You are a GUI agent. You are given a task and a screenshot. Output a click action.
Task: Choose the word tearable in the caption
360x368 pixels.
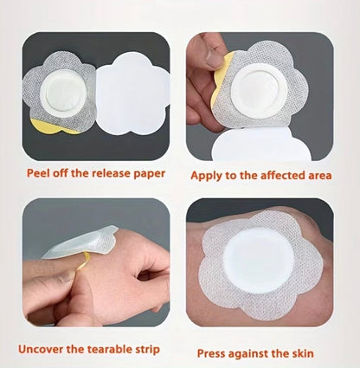tap(110, 349)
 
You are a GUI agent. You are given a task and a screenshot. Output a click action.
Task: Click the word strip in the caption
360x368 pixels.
tap(148, 350)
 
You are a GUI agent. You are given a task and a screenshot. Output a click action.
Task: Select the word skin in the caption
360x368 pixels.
tap(303, 353)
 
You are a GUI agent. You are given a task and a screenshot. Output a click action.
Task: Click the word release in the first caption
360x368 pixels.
tap(112, 173)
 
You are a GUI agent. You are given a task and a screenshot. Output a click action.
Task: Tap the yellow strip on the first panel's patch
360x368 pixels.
tap(55, 127)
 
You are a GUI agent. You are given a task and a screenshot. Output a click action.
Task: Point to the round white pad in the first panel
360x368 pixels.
tap(63, 92)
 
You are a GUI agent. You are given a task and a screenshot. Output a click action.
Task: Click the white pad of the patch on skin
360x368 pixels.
tap(259, 264)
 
